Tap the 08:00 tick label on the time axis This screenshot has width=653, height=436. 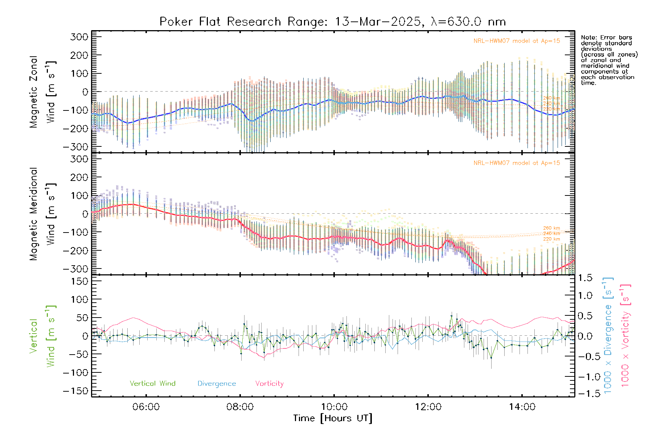pos(240,407)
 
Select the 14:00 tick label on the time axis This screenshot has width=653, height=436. pos(522,407)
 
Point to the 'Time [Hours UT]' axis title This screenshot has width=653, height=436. pos(333,418)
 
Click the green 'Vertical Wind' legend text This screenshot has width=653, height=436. pos(152,383)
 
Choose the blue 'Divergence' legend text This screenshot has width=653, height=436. pos(217,384)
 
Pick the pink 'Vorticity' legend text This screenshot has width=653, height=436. pos(269,384)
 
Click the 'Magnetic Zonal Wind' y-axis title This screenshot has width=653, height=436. pos(42,92)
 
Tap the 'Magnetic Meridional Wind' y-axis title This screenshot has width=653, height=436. pos(42,214)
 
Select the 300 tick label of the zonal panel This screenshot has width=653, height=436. pos(79,37)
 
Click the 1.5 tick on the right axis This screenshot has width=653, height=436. pos(585,278)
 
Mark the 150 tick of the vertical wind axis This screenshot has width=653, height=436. pos(79,281)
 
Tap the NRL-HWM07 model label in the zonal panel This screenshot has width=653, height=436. pos(517,41)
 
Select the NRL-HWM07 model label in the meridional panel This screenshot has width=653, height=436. pos(517,163)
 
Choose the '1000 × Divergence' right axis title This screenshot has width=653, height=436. pos(608,335)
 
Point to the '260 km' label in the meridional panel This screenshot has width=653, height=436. pos(551,228)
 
